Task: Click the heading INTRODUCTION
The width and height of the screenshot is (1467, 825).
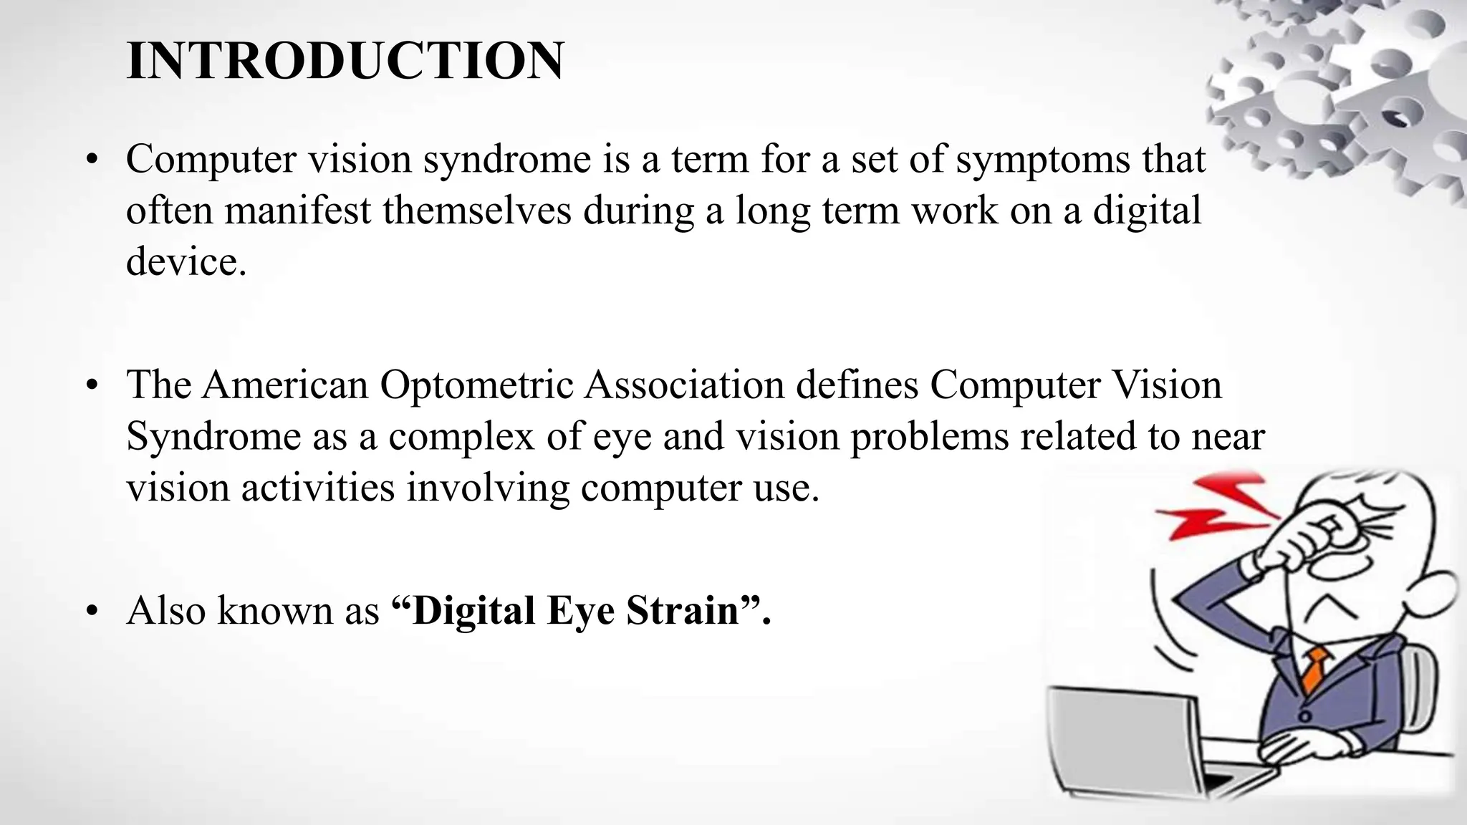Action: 345,61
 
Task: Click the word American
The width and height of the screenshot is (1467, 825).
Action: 284,385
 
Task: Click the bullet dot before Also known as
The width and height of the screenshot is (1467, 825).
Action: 90,612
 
